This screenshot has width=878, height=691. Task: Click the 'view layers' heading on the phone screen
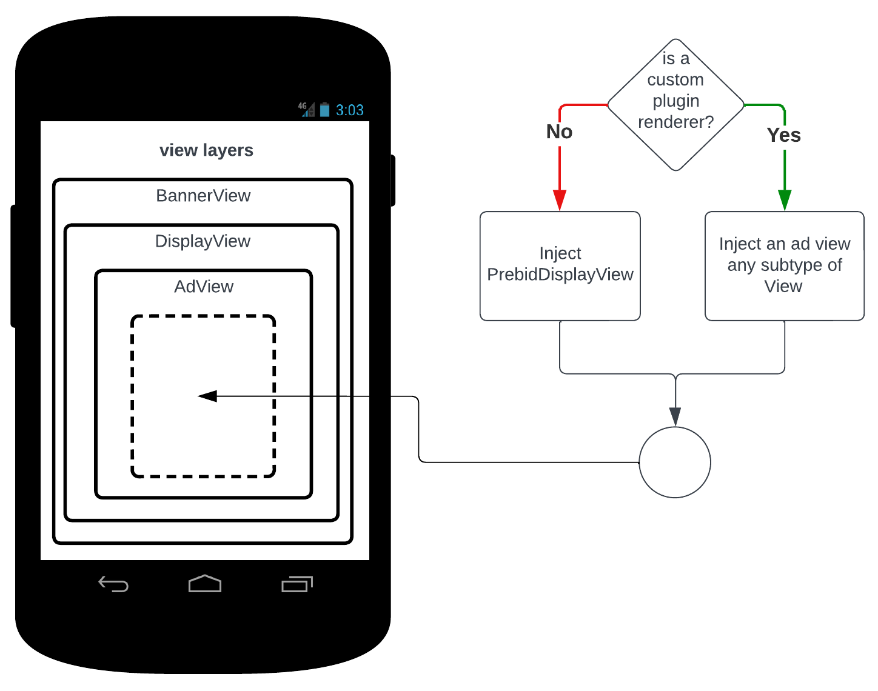pos(206,150)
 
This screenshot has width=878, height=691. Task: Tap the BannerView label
pos(203,196)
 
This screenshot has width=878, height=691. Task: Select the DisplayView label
pos(203,241)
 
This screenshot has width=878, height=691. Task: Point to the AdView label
pos(204,287)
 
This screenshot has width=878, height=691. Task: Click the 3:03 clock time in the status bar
pos(350,110)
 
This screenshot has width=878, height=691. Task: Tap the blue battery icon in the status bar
pos(325,110)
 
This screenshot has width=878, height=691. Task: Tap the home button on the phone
pos(205,584)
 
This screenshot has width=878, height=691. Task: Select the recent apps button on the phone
pos(297,584)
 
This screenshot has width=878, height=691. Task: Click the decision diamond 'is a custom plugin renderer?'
pos(675,105)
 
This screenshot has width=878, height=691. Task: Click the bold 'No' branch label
pos(559,132)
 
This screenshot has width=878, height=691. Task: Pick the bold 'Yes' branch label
pos(783,135)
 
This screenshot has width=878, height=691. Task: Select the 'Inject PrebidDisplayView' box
pos(560,265)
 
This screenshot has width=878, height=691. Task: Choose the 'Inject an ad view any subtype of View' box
pos(784,265)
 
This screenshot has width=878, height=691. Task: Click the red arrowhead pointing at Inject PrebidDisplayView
pos(560,201)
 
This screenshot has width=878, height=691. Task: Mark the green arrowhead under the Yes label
pos(785,200)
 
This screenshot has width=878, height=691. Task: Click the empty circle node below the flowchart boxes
pos(675,462)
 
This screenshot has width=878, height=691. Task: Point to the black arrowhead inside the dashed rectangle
pos(207,396)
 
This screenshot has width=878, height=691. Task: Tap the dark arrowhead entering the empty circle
pos(675,417)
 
